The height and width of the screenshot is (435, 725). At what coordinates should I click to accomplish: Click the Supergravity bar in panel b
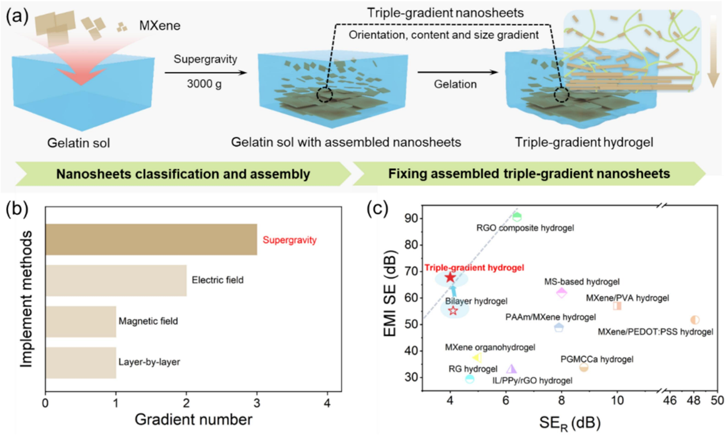(x=151, y=239)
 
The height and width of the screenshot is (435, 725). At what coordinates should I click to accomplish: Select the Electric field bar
(x=115, y=281)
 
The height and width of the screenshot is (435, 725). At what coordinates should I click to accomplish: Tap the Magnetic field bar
(x=80, y=321)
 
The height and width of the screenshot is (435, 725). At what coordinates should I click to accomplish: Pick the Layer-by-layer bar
(x=80, y=363)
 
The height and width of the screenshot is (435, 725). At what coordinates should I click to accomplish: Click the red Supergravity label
(x=289, y=240)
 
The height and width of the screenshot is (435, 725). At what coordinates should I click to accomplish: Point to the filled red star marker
(x=450, y=278)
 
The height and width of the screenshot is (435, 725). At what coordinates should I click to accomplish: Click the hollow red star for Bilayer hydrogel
(x=452, y=311)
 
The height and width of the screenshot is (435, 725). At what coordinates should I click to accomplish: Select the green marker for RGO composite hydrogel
(x=517, y=217)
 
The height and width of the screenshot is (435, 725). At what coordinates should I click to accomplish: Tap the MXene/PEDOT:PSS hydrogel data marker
(x=694, y=320)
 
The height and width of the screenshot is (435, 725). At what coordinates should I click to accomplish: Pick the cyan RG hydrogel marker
(x=470, y=379)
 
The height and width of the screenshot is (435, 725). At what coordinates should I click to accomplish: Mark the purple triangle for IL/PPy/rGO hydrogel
(x=511, y=369)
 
